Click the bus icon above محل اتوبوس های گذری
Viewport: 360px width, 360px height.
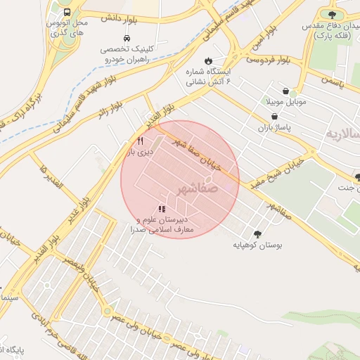66,13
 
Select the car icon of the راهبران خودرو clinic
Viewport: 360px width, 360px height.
126,38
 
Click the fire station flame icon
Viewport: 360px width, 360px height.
208,60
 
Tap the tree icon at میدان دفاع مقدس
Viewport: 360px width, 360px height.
332,14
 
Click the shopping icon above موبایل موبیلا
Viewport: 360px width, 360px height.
285,91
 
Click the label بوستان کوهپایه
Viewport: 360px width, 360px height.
257,246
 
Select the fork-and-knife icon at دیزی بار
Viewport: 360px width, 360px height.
140,141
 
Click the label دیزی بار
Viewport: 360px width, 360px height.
139,152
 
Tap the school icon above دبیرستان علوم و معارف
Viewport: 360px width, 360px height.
162,209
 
